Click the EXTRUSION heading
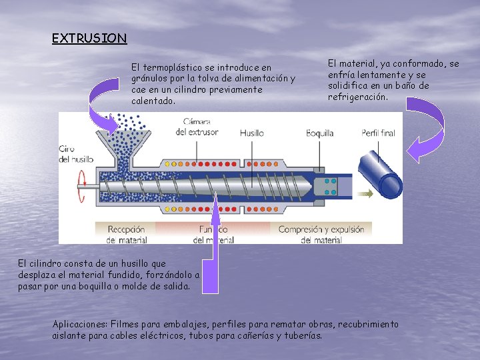click(x=89, y=39)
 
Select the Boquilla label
click(x=320, y=133)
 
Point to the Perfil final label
click(x=378, y=133)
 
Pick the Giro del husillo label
click(x=75, y=153)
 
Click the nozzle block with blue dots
click(x=329, y=187)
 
